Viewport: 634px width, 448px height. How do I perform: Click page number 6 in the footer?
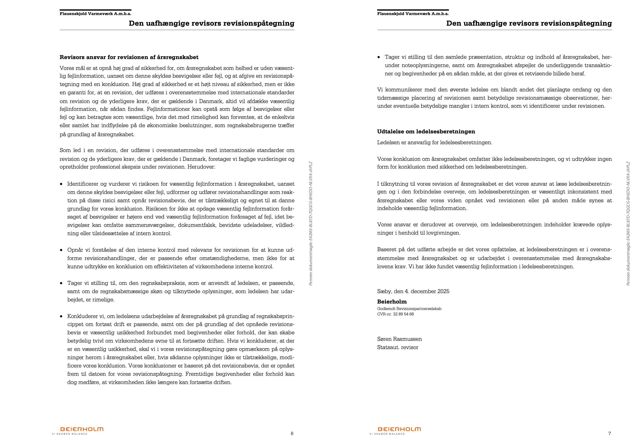tap(292, 433)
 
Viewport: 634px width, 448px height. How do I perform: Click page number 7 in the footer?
tap(609, 433)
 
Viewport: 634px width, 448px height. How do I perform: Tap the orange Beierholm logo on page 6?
tap(82, 429)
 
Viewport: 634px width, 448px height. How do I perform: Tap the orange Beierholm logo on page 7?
tap(399, 429)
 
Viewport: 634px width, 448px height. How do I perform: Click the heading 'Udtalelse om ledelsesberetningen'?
tap(426, 132)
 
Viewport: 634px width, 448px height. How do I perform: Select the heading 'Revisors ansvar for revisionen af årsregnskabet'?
tap(129, 57)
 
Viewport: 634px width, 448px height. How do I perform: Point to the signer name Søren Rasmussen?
tap(399, 339)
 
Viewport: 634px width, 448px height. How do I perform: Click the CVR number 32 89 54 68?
tap(403, 314)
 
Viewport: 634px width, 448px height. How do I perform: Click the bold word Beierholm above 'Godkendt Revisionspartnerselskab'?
tap(392, 301)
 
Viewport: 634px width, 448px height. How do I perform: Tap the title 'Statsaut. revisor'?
tap(398, 347)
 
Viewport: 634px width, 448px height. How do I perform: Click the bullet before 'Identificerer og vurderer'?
tap(61, 184)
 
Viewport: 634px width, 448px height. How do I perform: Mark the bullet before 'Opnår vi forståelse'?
tap(61, 250)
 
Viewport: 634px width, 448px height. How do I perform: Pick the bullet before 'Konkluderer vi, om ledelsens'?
tap(61, 316)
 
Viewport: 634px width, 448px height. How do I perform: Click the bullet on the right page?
tap(379, 57)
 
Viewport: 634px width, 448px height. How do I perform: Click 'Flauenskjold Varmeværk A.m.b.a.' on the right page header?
tap(413, 14)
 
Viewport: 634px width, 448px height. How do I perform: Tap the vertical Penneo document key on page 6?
tap(311, 223)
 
